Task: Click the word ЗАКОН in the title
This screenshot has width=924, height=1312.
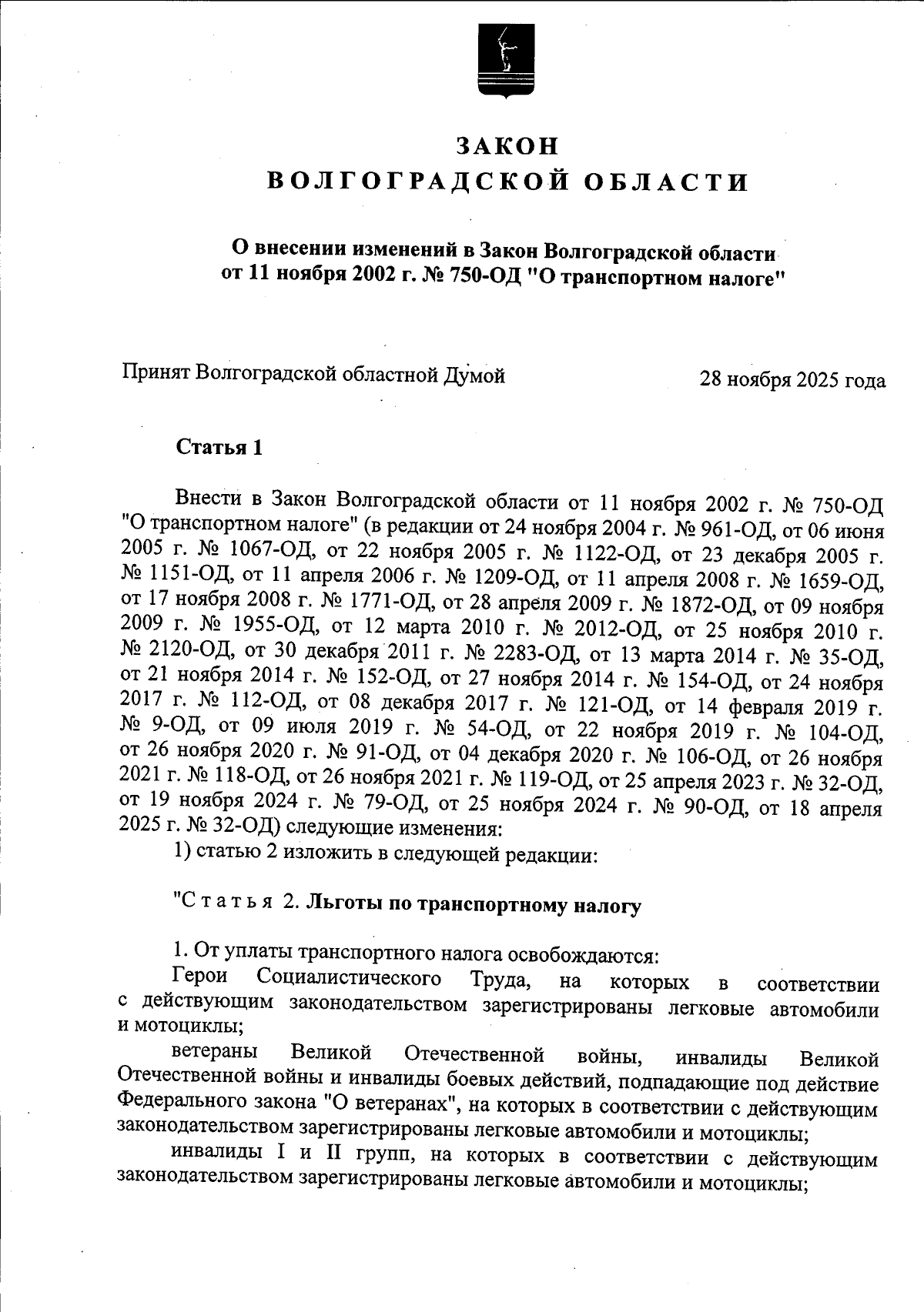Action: (506, 145)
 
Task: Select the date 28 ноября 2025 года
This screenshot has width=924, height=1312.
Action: (792, 380)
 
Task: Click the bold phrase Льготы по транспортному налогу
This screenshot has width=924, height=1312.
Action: (474, 906)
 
